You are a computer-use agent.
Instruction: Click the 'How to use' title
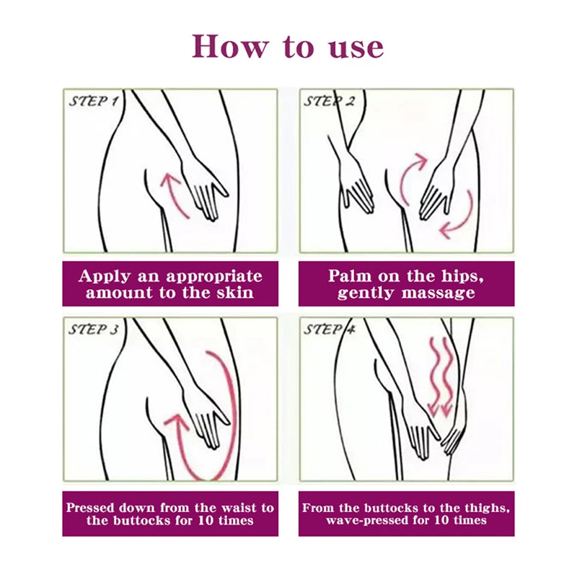[x=288, y=46]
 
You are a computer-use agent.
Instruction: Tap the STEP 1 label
[x=94, y=101]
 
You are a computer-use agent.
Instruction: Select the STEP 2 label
[x=330, y=101]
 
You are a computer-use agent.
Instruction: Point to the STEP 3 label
[x=94, y=330]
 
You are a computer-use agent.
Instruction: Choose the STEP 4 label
[x=330, y=330]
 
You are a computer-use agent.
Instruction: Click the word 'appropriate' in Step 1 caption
[x=214, y=277]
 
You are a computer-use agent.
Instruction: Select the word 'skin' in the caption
[x=236, y=293]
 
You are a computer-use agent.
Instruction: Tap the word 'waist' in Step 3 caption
[x=240, y=508]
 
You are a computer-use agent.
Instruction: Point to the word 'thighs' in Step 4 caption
[x=486, y=508]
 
